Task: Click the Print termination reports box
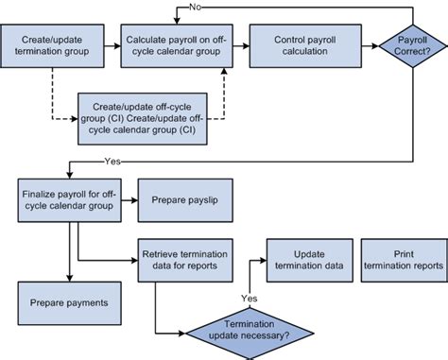pos(405,259)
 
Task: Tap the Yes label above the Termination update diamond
pos(249,299)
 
